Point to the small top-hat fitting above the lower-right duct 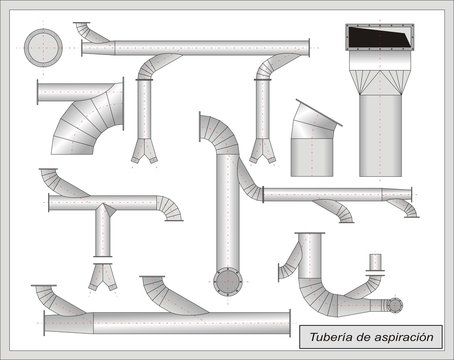click(x=376, y=263)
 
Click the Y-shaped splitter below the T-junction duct click(x=102, y=276)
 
